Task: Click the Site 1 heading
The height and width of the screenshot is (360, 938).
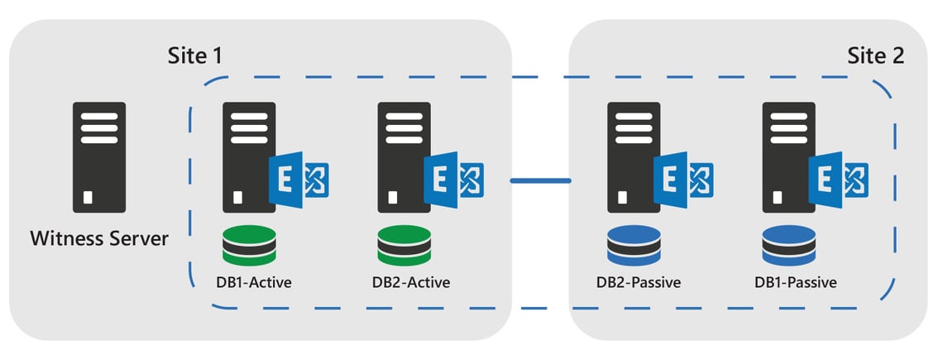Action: tap(195, 56)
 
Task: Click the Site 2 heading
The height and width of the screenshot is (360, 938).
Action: tap(875, 56)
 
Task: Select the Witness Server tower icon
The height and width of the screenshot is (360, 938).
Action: tap(99, 157)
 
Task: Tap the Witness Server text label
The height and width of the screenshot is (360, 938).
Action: tap(99, 239)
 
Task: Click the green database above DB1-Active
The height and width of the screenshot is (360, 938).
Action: tap(249, 245)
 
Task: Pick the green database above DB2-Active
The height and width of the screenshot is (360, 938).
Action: tap(404, 245)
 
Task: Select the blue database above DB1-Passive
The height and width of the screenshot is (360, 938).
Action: tap(789, 245)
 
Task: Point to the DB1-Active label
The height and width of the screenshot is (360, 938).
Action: tap(249, 282)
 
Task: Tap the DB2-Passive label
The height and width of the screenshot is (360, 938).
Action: tap(638, 282)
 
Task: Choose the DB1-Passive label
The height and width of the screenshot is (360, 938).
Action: tap(795, 282)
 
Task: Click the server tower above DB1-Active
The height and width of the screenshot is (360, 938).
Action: tap(244, 157)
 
